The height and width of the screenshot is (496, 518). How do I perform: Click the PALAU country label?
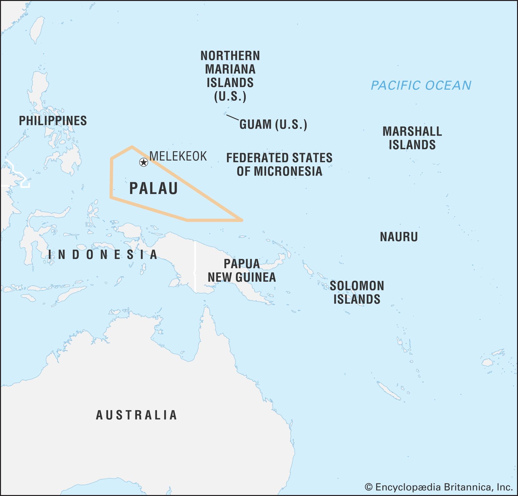[153, 188]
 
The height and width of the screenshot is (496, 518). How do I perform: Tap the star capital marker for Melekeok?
[143, 162]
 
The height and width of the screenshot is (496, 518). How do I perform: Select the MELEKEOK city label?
[178, 156]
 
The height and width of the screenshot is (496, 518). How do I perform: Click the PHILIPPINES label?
[53, 121]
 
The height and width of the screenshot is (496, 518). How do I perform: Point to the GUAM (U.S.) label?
[273, 125]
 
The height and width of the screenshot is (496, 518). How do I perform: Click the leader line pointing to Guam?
[232, 117]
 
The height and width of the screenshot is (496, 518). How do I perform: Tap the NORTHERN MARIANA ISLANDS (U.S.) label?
[230, 76]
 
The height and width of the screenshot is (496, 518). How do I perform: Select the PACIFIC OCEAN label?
[421, 85]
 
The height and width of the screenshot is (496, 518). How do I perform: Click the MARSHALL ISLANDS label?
[412, 138]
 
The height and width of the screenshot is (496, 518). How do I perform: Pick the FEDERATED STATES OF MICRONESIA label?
[279, 164]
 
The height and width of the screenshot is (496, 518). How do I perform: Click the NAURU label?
[399, 237]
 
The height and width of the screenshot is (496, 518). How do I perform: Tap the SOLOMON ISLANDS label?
[356, 292]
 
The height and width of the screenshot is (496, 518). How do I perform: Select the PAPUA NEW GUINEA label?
[242, 270]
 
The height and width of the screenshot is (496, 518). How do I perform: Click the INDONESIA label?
[103, 255]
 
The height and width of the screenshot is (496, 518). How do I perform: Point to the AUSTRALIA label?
[136, 415]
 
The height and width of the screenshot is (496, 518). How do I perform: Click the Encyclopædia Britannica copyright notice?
[438, 487]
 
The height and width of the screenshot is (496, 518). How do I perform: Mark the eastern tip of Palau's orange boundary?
[242, 220]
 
